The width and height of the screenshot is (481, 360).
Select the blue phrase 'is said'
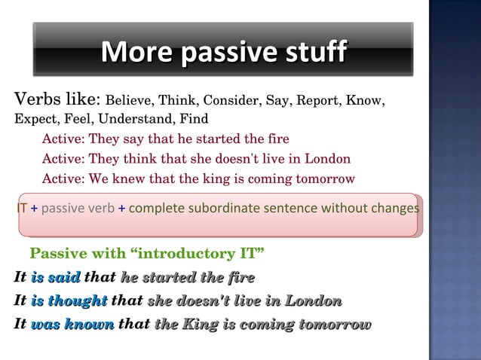[x=56, y=277]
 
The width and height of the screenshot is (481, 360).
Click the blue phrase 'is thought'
[x=69, y=301]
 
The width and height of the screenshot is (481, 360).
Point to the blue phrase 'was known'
[x=72, y=325]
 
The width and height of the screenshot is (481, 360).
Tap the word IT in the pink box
[x=23, y=208]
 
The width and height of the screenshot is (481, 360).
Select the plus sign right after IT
[x=34, y=208]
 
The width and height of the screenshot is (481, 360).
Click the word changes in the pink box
[x=394, y=208]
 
